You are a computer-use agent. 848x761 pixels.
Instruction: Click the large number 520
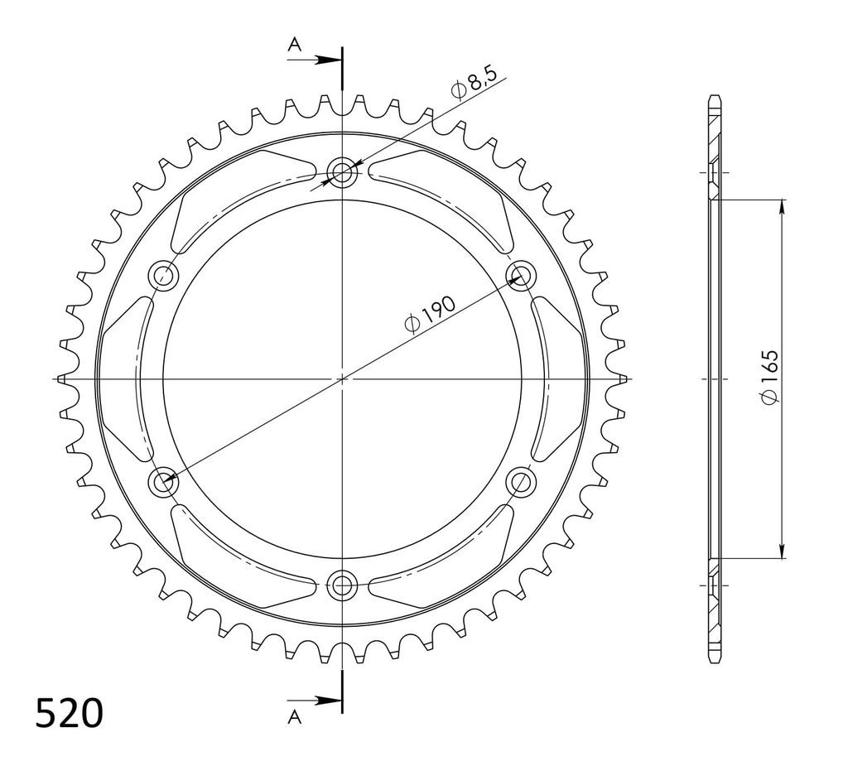tap(69, 714)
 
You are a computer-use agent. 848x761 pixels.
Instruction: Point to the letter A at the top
tap(294, 45)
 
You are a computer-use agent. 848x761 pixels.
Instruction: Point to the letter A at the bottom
tap(294, 718)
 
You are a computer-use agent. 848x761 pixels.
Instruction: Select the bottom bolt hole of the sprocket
tap(342, 584)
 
